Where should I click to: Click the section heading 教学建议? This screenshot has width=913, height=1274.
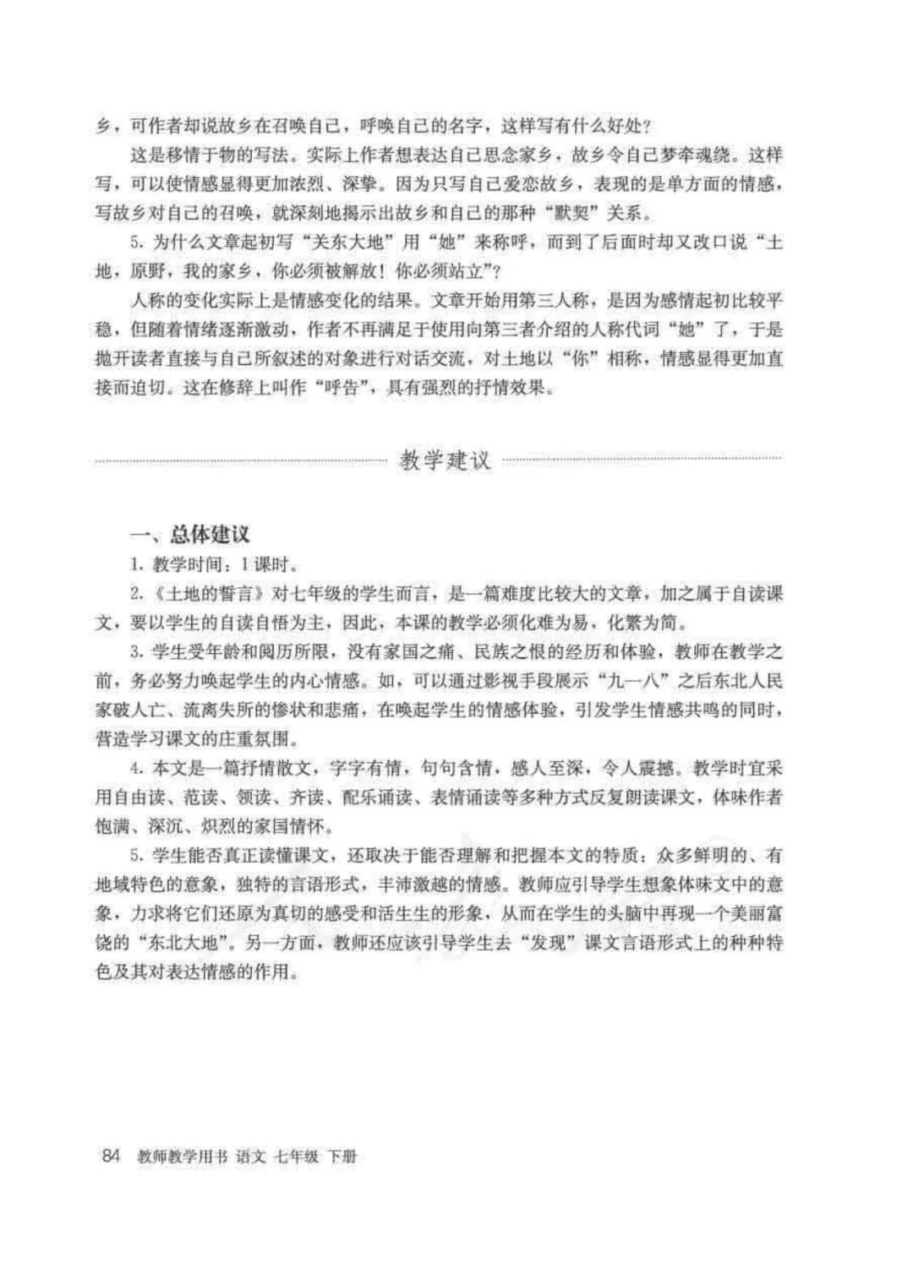[446, 461]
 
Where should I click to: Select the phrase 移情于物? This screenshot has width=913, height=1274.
[224, 155]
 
